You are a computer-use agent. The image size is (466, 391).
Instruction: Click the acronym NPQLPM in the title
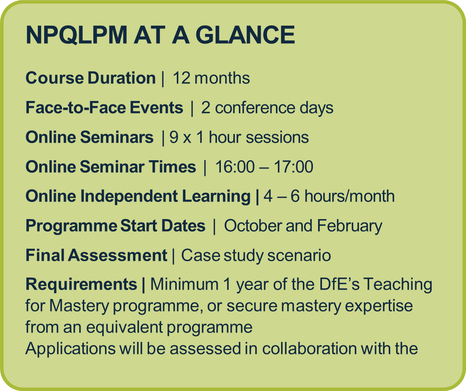tap(76, 35)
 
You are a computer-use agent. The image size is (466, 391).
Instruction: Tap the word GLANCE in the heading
tap(245, 35)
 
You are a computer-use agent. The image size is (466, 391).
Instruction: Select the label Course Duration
tap(91, 78)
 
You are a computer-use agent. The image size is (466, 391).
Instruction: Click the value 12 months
tap(211, 78)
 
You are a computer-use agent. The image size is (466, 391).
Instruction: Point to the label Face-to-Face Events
tap(104, 108)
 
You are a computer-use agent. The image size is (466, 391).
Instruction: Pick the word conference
tap(255, 108)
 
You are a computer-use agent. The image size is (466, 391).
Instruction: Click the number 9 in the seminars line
tap(174, 137)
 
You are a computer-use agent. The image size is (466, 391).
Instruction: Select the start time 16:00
tap(235, 166)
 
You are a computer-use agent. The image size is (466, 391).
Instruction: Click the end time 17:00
tap(293, 166)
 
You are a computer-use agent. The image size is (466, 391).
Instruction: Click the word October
tap(252, 226)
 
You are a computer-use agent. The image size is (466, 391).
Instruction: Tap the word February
tap(350, 226)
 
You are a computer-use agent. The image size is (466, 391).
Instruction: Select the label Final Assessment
tap(96, 255)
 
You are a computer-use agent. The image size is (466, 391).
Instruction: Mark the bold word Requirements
tap(82, 285)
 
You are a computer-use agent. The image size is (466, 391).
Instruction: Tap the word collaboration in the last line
tap(309, 349)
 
